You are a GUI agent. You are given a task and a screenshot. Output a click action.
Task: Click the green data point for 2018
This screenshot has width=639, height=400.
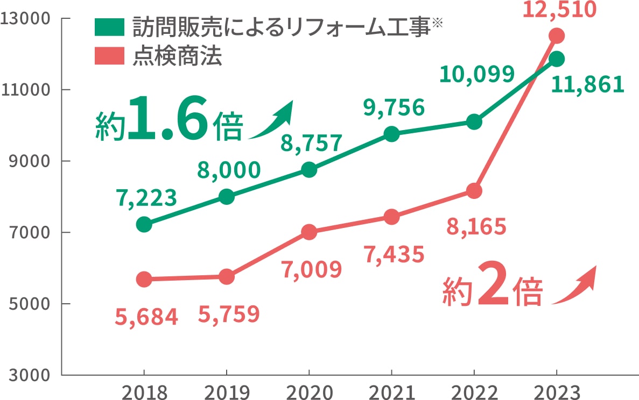point(144,224)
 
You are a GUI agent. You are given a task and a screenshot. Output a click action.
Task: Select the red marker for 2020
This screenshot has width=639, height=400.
point(309,232)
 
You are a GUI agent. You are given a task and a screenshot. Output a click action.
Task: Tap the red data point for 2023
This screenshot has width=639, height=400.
point(556,36)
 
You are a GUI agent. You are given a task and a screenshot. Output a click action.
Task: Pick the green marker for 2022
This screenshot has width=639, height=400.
point(474,122)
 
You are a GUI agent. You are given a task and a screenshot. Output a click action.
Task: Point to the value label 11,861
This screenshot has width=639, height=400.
point(587,84)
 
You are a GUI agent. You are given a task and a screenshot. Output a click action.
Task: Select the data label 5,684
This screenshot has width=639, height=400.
point(146,318)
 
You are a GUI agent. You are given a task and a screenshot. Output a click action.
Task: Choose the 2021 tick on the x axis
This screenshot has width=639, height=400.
point(391,391)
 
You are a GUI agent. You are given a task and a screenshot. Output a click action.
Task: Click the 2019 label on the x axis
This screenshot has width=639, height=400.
point(226,391)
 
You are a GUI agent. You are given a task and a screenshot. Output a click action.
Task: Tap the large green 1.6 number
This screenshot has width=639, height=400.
point(167,118)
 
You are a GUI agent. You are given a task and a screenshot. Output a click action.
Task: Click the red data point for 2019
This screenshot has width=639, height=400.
point(227,277)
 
